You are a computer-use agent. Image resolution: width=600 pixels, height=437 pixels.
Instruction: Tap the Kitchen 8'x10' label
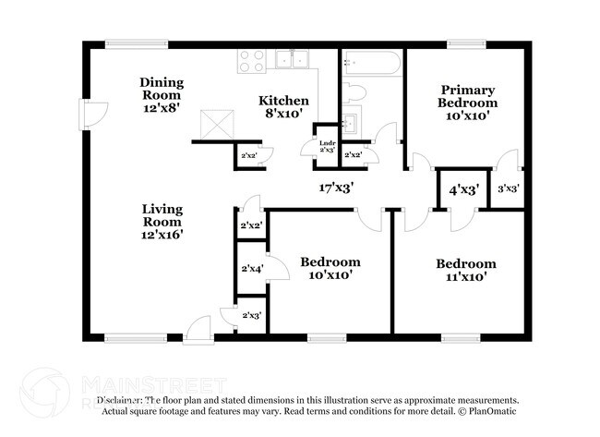(283, 106)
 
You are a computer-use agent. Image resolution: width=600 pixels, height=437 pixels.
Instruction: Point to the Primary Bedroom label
(468, 103)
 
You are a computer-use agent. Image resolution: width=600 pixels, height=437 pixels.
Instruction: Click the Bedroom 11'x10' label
(465, 269)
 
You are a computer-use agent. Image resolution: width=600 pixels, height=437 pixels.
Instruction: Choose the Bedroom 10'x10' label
(330, 268)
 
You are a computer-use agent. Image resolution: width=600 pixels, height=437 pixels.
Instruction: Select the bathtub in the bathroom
(372, 63)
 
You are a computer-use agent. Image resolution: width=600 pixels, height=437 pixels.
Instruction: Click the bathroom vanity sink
(351, 122)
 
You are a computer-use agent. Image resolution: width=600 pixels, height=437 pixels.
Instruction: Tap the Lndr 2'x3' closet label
(327, 146)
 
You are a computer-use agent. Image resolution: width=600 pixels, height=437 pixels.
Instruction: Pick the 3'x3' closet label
(508, 189)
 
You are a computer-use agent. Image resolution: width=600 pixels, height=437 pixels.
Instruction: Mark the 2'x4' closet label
(251, 269)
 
